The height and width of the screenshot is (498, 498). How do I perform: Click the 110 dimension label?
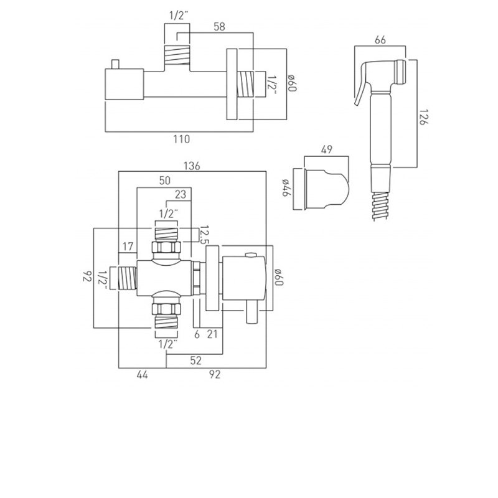[181, 139]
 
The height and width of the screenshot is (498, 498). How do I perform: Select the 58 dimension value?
[219, 27]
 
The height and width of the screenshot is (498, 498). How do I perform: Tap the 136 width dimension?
[192, 166]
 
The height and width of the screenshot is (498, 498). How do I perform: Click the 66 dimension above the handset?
[380, 40]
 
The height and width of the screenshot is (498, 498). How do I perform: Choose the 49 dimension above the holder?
[327, 149]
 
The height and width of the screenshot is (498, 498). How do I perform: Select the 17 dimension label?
[128, 247]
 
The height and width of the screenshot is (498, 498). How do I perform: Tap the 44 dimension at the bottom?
[143, 375]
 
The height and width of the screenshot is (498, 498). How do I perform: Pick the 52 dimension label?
[196, 360]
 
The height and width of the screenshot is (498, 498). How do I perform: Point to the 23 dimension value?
[181, 194]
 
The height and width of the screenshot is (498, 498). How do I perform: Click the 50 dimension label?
[165, 181]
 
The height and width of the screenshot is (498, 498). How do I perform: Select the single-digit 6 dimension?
[197, 334]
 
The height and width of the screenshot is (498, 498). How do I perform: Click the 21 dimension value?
[212, 334]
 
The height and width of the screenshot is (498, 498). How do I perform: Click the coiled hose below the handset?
[380, 205]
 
